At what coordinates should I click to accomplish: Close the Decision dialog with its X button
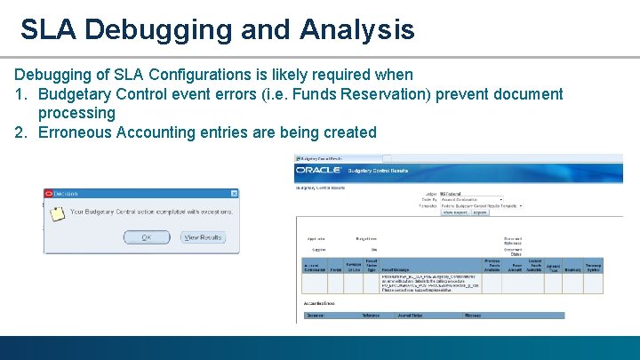(x=234, y=193)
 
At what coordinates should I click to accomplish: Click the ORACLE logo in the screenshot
(x=318, y=169)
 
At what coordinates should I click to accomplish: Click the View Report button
(x=456, y=212)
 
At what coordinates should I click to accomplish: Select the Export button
(x=480, y=212)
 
